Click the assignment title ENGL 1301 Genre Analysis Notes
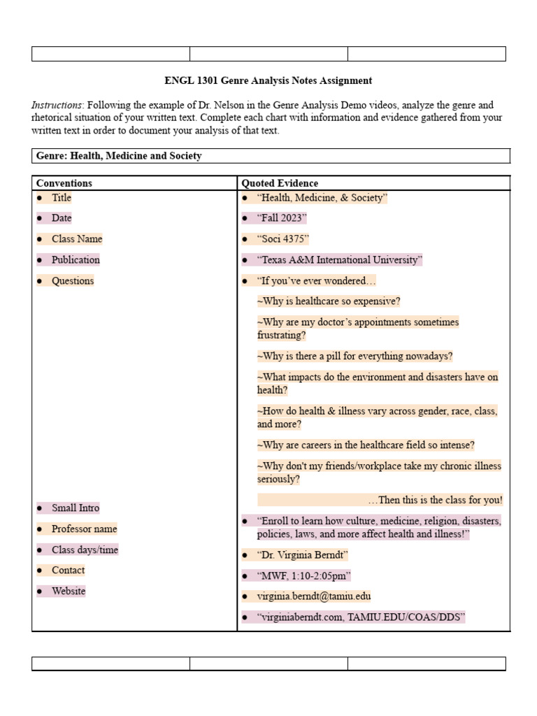point(268,81)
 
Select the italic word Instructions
point(55,105)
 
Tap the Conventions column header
point(64,183)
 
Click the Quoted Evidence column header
point(280,183)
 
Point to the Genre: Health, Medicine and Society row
point(119,156)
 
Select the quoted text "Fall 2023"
point(281,218)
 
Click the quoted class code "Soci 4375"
point(282,239)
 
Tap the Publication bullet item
point(76,260)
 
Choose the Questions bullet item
point(72,281)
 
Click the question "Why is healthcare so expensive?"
point(329,301)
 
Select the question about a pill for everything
point(355,356)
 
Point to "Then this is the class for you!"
point(435,500)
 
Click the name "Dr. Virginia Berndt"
point(302,555)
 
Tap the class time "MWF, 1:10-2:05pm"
point(303,576)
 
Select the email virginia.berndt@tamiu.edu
point(314,596)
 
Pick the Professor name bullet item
point(84,529)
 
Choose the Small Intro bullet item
point(76,508)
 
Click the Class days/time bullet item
point(85,550)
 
